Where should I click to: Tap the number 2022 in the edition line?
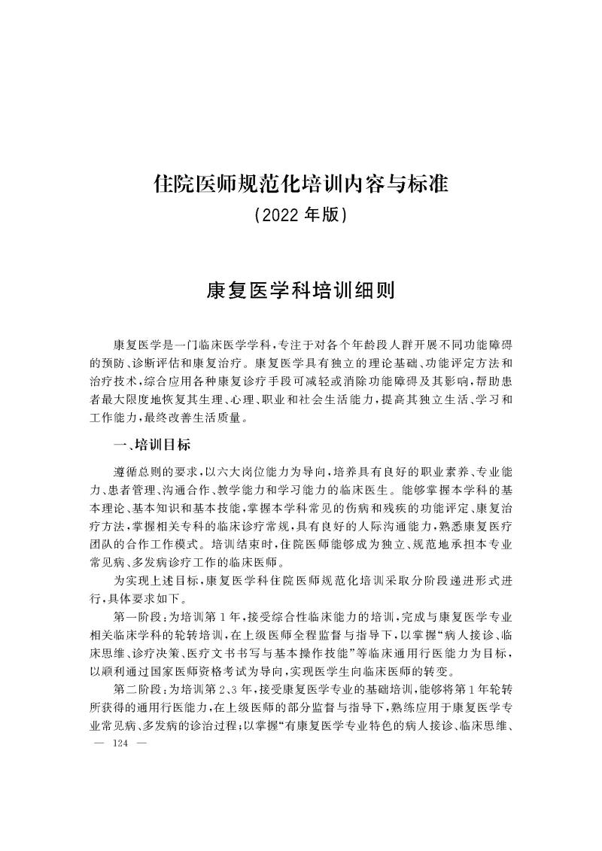279,216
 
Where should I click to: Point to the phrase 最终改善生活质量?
207,418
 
